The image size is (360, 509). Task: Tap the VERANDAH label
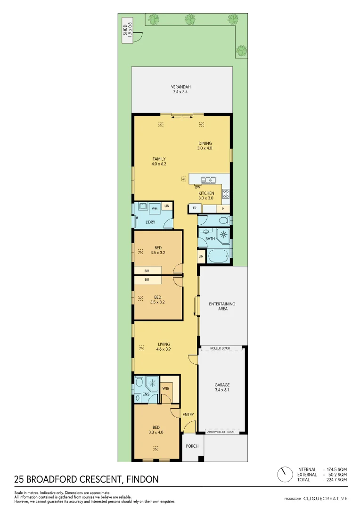(x=181, y=90)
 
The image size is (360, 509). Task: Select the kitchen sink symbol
(x=208, y=180)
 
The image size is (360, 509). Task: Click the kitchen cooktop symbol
(x=226, y=193)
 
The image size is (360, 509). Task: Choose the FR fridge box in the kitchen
(x=194, y=208)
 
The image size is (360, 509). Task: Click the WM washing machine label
(x=154, y=208)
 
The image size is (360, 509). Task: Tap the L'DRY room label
(x=150, y=222)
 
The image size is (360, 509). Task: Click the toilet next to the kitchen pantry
(x=225, y=220)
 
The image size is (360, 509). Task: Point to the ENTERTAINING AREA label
(x=222, y=306)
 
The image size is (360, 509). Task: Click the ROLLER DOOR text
(x=221, y=348)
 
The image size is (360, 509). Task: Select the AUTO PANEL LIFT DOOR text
(x=221, y=432)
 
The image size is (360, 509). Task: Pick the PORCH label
(x=192, y=446)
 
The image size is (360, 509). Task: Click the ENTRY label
(x=188, y=415)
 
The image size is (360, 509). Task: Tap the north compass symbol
(x=284, y=474)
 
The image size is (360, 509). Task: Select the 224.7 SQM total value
(x=337, y=479)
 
